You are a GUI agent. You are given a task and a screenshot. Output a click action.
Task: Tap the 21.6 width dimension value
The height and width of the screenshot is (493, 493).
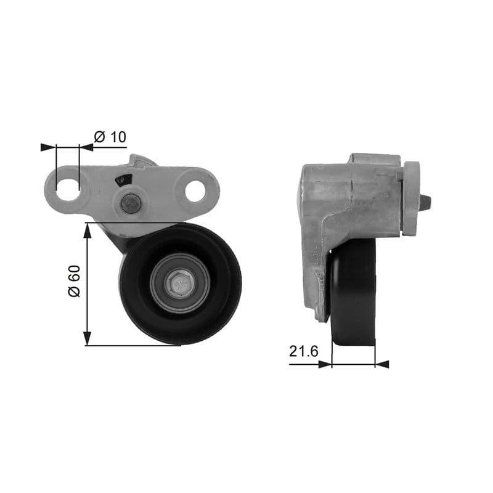click(x=303, y=351)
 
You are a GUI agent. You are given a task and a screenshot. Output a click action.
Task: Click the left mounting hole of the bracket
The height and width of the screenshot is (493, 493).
click(x=68, y=187)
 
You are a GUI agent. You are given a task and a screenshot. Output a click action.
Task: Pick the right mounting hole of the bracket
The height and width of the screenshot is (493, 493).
click(x=195, y=191)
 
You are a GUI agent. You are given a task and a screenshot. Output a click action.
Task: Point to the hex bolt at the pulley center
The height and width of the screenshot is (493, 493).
click(x=181, y=283)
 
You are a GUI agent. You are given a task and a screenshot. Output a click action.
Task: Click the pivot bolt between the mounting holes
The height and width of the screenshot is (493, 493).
click(x=130, y=204)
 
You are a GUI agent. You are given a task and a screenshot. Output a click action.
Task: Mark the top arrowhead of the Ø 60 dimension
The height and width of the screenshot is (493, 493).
click(x=88, y=230)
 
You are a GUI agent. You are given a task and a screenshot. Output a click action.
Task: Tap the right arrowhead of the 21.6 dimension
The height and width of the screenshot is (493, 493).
click(x=382, y=364)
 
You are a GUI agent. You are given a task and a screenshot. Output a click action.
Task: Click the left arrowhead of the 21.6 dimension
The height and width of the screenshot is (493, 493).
click(x=324, y=364)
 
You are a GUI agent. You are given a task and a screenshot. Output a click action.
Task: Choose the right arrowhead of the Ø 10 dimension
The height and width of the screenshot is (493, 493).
click(x=87, y=147)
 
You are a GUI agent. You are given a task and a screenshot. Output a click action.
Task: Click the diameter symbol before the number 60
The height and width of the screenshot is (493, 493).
click(x=74, y=291)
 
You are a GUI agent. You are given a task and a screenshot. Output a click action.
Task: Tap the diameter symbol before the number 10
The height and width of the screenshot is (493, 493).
click(x=100, y=137)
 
